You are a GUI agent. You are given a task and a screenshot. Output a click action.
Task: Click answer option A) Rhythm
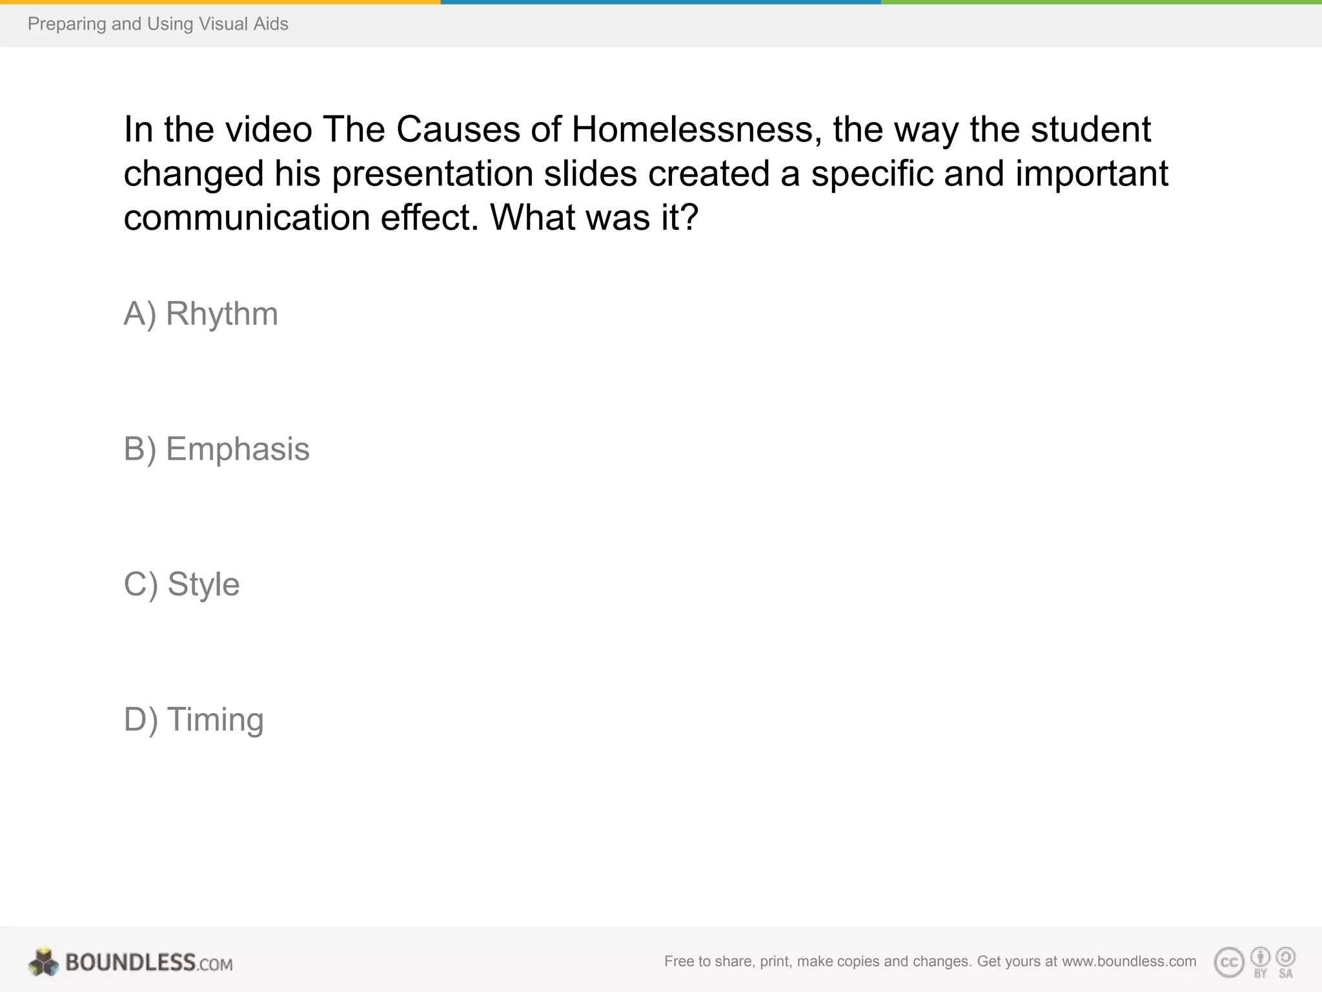(x=201, y=315)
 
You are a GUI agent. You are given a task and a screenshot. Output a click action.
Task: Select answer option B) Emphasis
(x=216, y=449)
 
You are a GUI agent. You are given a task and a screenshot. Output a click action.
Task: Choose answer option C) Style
(x=181, y=584)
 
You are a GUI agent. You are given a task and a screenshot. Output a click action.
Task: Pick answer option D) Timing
(x=194, y=720)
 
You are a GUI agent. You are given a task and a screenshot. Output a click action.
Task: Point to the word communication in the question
(x=246, y=218)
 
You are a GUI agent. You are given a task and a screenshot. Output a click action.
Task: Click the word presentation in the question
(x=432, y=174)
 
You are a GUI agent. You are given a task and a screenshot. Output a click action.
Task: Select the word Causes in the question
(x=458, y=129)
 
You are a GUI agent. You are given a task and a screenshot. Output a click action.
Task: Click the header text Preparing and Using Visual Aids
(x=158, y=25)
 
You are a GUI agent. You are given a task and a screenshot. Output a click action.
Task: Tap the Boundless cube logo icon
(x=43, y=962)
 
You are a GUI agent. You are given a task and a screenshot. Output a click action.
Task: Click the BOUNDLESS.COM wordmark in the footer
(x=148, y=963)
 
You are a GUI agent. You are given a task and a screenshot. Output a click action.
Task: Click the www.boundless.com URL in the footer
(x=1129, y=962)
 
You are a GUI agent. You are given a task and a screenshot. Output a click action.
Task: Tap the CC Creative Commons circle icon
(x=1228, y=963)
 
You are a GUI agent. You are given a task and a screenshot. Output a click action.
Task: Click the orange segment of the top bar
(x=219, y=2)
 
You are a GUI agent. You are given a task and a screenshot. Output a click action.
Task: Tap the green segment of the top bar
(x=1101, y=2)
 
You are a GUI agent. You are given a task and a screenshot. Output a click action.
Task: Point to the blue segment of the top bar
(x=660, y=2)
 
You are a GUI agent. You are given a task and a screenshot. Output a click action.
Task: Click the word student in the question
(x=1090, y=129)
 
